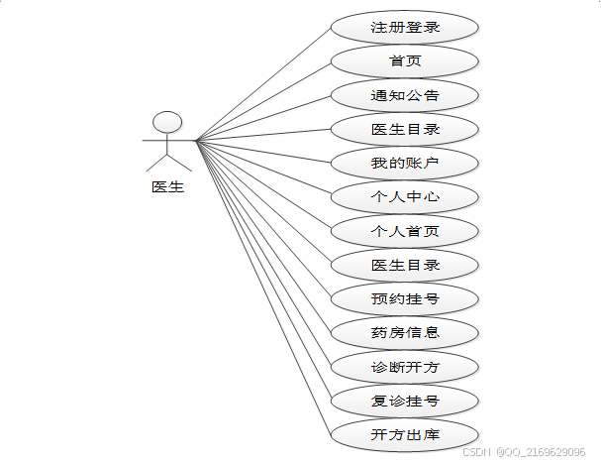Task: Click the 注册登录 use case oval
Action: (x=405, y=28)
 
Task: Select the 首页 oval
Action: (x=405, y=61)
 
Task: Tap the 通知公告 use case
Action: (x=405, y=96)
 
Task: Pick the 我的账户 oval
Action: (x=405, y=163)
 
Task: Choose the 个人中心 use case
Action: (x=405, y=196)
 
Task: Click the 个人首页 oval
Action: (x=405, y=231)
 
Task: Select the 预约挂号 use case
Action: (x=405, y=298)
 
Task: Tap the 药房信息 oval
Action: (x=405, y=332)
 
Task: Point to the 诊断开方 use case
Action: (x=405, y=367)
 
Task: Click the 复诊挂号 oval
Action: (x=405, y=402)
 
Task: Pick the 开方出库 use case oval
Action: (x=405, y=435)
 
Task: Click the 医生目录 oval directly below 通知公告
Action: (x=405, y=129)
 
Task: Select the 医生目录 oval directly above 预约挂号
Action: (x=405, y=265)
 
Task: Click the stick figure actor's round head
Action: (x=168, y=122)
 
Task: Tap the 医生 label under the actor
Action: (x=167, y=185)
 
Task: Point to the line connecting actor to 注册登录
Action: (x=262, y=83)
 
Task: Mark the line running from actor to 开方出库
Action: (x=262, y=289)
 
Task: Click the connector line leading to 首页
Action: (x=262, y=100)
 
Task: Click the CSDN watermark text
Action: (x=477, y=451)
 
